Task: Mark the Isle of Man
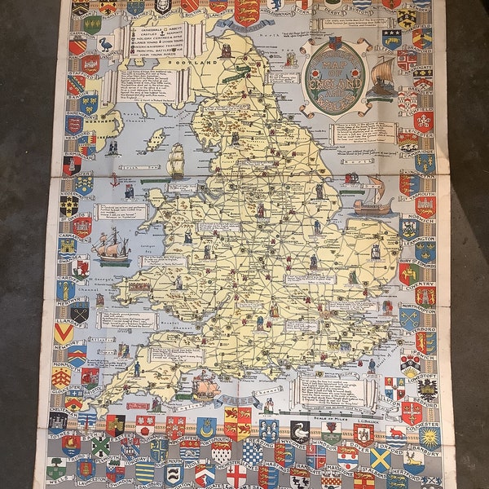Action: click(154, 140)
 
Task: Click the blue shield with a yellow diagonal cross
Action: click(380, 458)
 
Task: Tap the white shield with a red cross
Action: click(236, 475)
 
